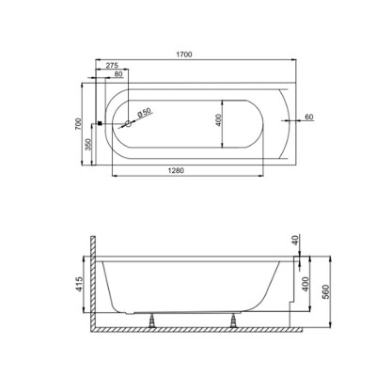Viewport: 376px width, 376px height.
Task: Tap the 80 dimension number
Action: (117, 73)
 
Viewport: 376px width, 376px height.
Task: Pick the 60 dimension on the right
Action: (309, 117)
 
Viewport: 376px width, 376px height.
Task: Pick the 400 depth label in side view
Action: (302, 282)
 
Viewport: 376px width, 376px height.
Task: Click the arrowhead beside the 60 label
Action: (296, 120)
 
